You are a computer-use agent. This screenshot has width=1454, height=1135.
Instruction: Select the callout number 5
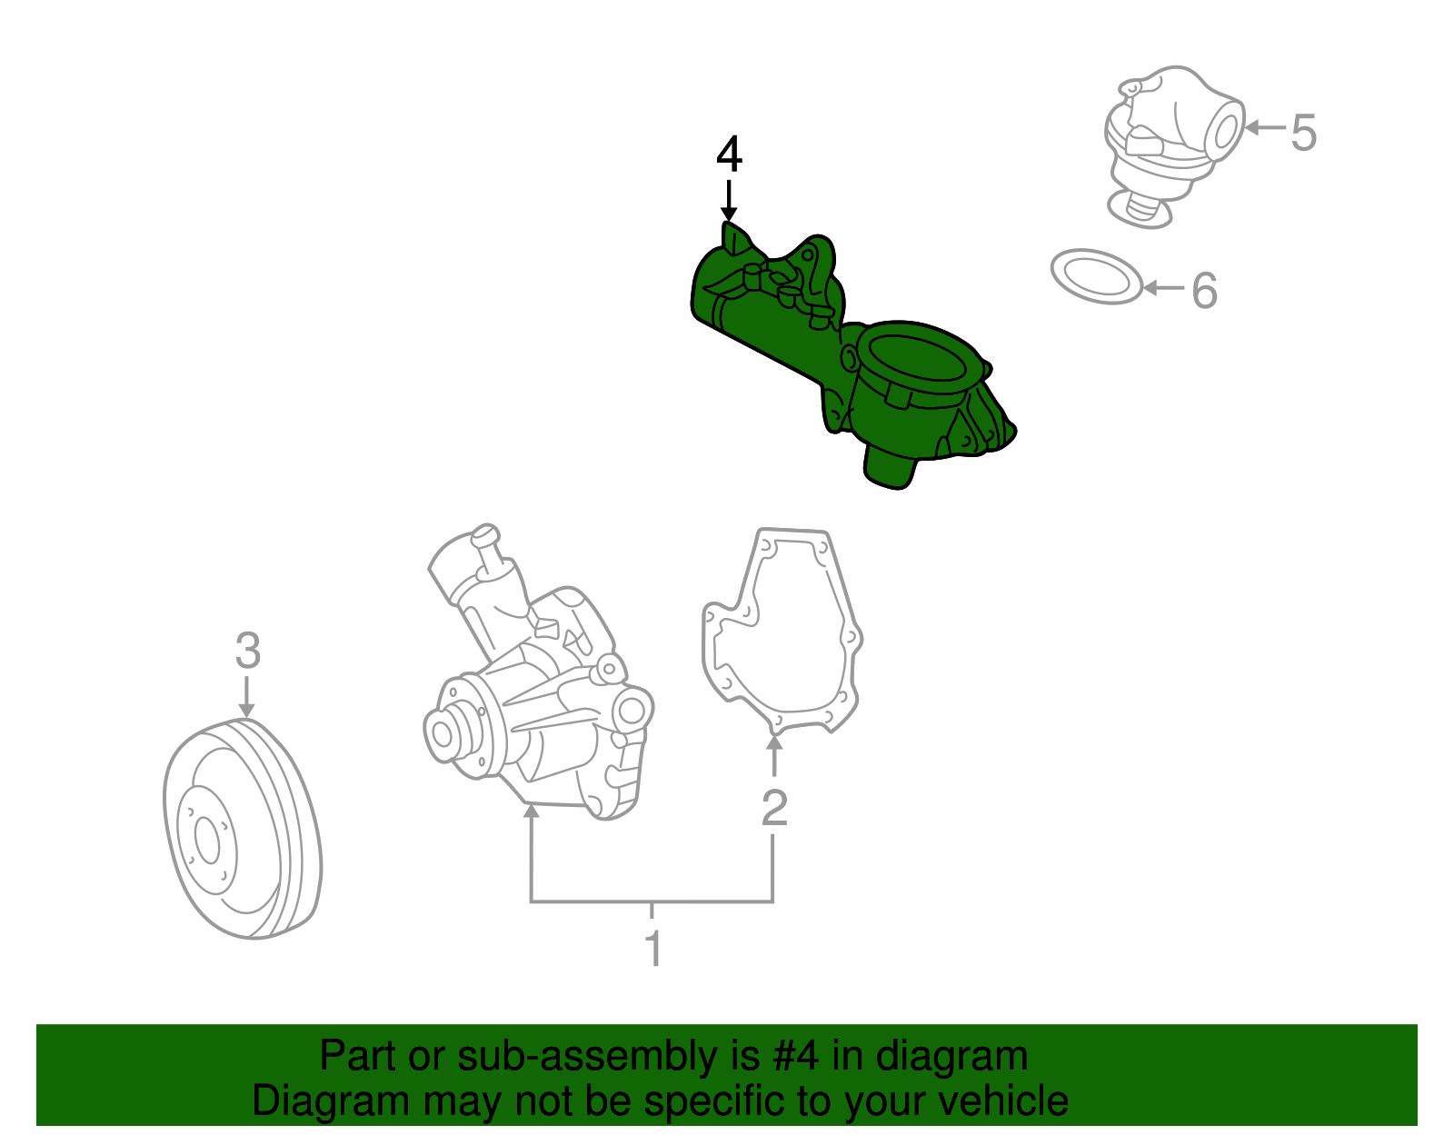coord(1303,133)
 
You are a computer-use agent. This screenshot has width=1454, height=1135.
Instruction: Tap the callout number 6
coord(1204,291)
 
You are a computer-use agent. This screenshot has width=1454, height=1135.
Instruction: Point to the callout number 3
coord(247,651)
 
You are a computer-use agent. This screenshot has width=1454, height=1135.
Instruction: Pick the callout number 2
coord(774,807)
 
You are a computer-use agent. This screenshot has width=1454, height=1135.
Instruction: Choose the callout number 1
coord(652,948)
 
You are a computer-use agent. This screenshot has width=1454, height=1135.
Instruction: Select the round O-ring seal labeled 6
coord(1095,276)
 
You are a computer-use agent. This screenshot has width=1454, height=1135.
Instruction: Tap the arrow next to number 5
coord(1263,128)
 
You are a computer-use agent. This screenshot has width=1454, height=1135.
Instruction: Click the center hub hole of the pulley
coord(208,841)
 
